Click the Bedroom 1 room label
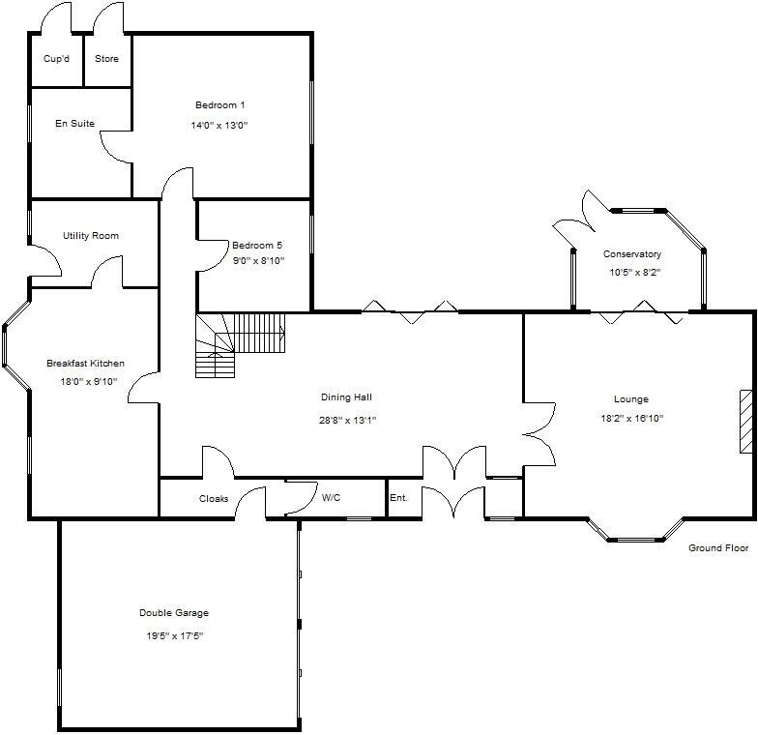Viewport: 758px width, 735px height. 220,104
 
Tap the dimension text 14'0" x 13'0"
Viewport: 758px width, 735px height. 220,125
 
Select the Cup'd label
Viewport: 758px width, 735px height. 57,59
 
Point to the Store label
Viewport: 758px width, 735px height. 106,59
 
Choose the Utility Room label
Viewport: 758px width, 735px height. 91,236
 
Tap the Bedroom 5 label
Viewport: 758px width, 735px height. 257,245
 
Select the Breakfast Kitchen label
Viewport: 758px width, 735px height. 85,364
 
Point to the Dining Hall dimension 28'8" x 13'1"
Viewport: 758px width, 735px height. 348,420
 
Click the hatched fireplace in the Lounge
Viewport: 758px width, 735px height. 745,421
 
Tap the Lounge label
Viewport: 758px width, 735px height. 630,398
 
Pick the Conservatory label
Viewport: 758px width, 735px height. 632,254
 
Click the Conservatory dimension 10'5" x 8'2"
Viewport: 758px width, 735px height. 634,273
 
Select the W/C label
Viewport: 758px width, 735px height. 331,498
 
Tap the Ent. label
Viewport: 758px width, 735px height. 398,498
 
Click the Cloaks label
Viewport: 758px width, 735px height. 214,499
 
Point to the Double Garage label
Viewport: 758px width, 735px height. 174,613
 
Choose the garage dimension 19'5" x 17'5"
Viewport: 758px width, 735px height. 174,635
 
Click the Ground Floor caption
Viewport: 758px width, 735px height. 718,548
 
